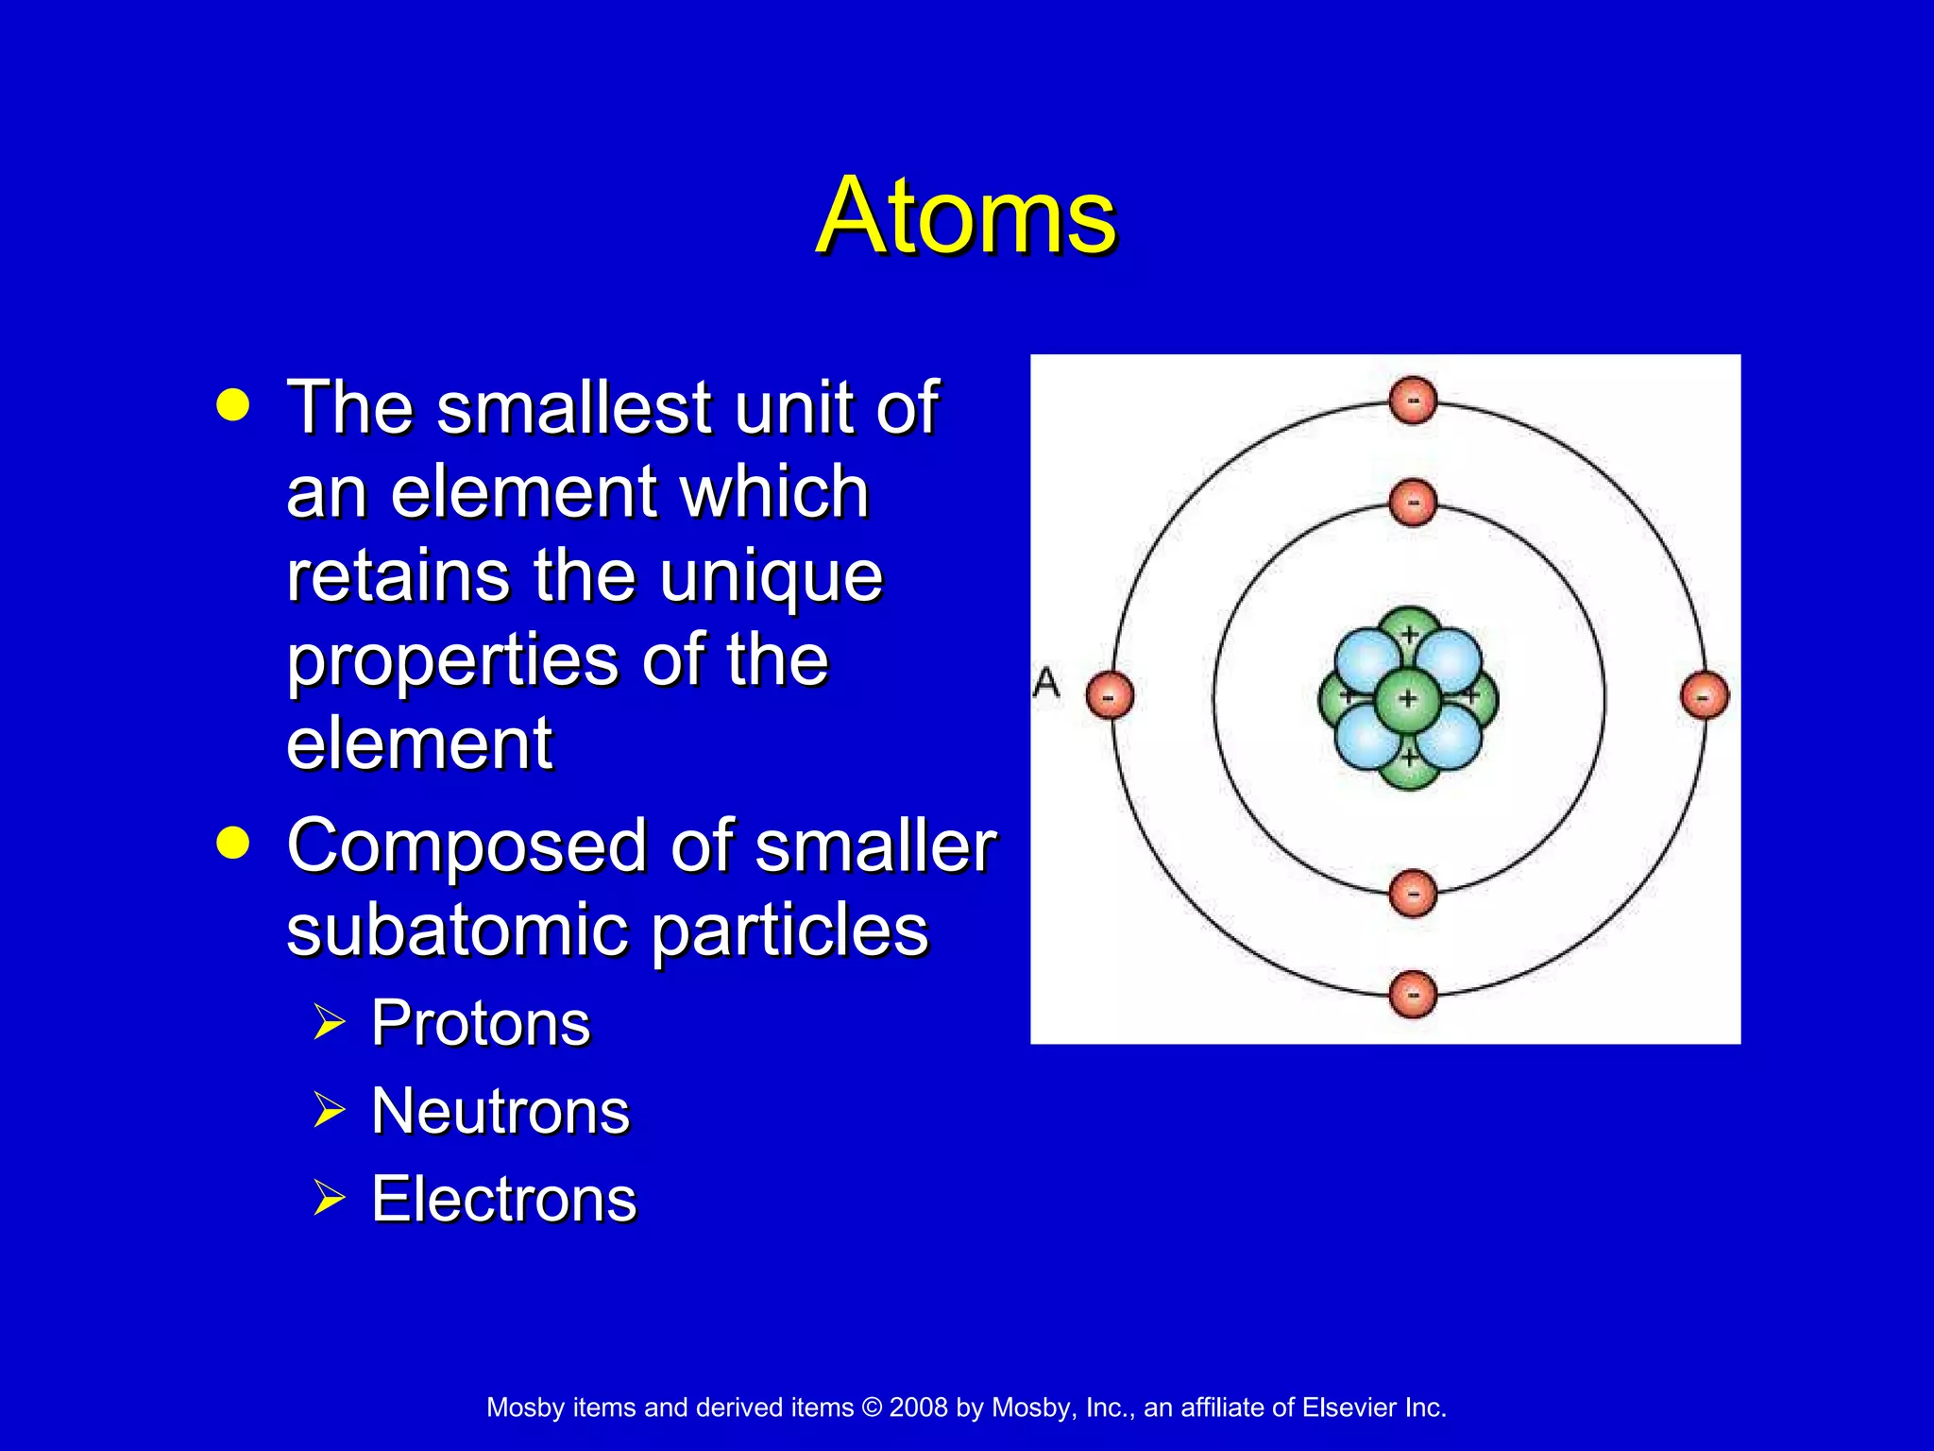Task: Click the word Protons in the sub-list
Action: (480, 1023)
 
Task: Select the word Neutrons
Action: (500, 1111)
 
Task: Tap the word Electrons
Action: (503, 1199)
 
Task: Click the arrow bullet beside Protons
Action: (329, 1022)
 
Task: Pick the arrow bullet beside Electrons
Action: (329, 1198)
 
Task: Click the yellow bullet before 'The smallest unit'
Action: (232, 405)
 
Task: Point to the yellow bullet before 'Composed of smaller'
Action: (232, 843)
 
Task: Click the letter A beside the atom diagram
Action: (1046, 683)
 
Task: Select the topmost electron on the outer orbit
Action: (1413, 401)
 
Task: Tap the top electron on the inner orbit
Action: (1413, 503)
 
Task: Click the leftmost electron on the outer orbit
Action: (1110, 697)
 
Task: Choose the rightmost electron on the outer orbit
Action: (1705, 697)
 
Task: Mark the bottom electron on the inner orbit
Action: (1413, 893)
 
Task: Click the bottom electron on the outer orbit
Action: (1413, 994)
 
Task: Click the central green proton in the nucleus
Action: (1407, 699)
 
